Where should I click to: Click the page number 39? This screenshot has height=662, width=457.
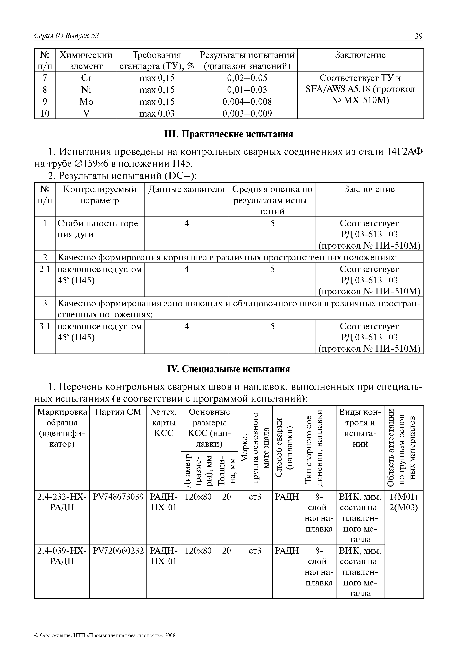[x=418, y=36]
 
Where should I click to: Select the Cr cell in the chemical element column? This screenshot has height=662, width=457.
[x=86, y=78]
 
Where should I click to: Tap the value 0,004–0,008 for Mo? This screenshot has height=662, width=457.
[x=247, y=101]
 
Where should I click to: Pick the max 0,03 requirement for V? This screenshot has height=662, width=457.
[x=157, y=114]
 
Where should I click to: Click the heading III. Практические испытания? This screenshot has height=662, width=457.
[x=228, y=134]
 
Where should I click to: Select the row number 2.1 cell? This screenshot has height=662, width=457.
[x=45, y=269]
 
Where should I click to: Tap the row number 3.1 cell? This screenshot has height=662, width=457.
[x=45, y=326]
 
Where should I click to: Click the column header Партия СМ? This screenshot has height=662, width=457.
[x=118, y=412]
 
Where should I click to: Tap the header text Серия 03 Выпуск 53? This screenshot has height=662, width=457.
[x=66, y=36]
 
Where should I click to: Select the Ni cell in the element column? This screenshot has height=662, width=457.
[x=86, y=90]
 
